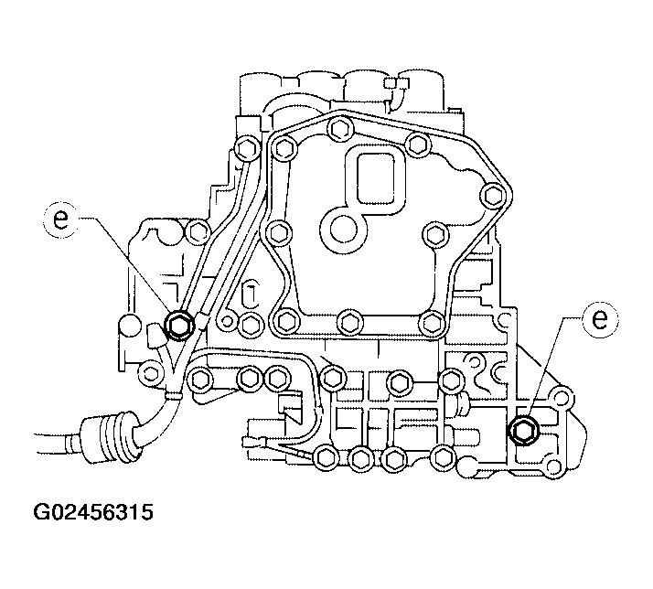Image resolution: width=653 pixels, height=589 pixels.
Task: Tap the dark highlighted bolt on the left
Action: click(179, 323)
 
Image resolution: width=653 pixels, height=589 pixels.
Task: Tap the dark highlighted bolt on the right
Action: click(525, 430)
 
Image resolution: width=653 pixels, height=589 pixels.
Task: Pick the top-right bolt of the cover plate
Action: click(417, 145)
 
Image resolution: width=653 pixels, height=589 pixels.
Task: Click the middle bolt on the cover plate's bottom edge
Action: click(348, 320)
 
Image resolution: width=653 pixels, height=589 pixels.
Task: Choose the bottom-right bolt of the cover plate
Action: click(430, 320)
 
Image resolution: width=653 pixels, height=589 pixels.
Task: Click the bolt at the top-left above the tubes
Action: click(245, 149)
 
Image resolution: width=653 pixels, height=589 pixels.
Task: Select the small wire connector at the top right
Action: click(394, 87)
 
